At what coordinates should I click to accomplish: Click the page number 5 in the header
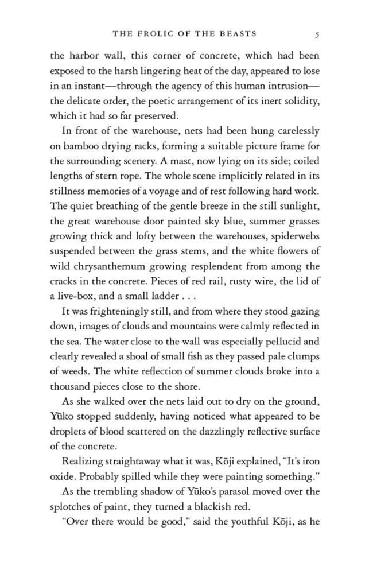[x=317, y=34]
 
